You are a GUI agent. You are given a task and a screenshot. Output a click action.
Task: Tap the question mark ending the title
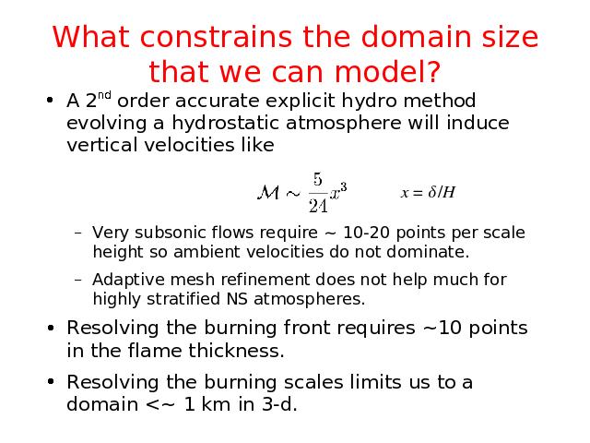(433, 71)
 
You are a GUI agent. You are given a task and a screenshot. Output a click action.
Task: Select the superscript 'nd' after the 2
(104, 95)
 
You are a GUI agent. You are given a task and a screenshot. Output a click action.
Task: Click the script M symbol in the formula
(268, 193)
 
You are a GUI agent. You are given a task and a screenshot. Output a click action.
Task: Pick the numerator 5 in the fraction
(318, 179)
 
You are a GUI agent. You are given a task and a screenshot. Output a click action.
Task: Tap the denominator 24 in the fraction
(318, 206)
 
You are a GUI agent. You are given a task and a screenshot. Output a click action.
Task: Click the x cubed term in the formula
(338, 191)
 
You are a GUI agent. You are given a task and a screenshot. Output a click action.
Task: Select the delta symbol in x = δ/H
(432, 192)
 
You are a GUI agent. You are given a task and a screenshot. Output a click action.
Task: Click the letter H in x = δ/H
(448, 192)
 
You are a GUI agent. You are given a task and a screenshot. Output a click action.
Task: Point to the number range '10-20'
(366, 233)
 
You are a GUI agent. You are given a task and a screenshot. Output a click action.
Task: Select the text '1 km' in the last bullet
(207, 404)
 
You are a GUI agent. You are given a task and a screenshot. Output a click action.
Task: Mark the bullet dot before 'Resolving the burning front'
(51, 328)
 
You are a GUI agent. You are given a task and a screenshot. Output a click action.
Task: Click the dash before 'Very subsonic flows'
(78, 233)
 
